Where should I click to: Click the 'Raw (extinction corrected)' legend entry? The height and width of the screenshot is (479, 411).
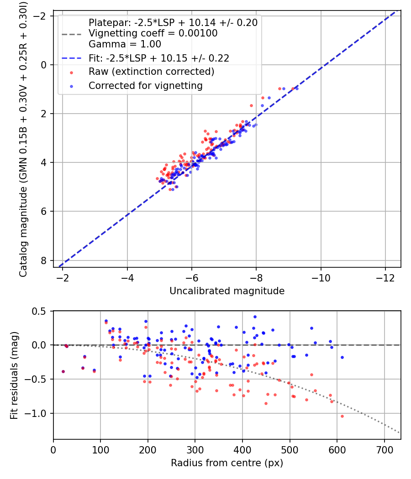pyautogui.click(x=151, y=72)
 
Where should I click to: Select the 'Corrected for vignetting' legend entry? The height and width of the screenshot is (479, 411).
pyautogui.click(x=146, y=85)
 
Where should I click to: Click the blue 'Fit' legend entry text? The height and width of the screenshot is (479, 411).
pyautogui.click(x=159, y=58)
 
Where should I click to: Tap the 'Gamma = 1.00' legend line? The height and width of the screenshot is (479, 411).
pyautogui.click(x=125, y=44)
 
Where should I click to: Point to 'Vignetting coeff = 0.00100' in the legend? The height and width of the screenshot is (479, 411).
pyautogui.click(x=153, y=33)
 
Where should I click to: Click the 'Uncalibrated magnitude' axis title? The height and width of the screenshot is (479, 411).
pyautogui.click(x=227, y=291)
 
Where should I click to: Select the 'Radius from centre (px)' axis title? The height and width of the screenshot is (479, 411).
pyautogui.click(x=227, y=463)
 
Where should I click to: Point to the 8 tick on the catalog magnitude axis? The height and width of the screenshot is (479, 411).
pyautogui.click(x=44, y=260)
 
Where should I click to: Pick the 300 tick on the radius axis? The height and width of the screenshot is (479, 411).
pyautogui.click(x=195, y=450)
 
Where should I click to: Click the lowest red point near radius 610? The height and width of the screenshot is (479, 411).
pyautogui.click(x=342, y=416)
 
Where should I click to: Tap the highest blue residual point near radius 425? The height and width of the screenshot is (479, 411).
pyautogui.click(x=255, y=317)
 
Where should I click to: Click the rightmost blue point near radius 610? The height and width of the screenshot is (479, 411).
pyautogui.click(x=342, y=357)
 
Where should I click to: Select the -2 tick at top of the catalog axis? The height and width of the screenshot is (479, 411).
pyautogui.click(x=42, y=16)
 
